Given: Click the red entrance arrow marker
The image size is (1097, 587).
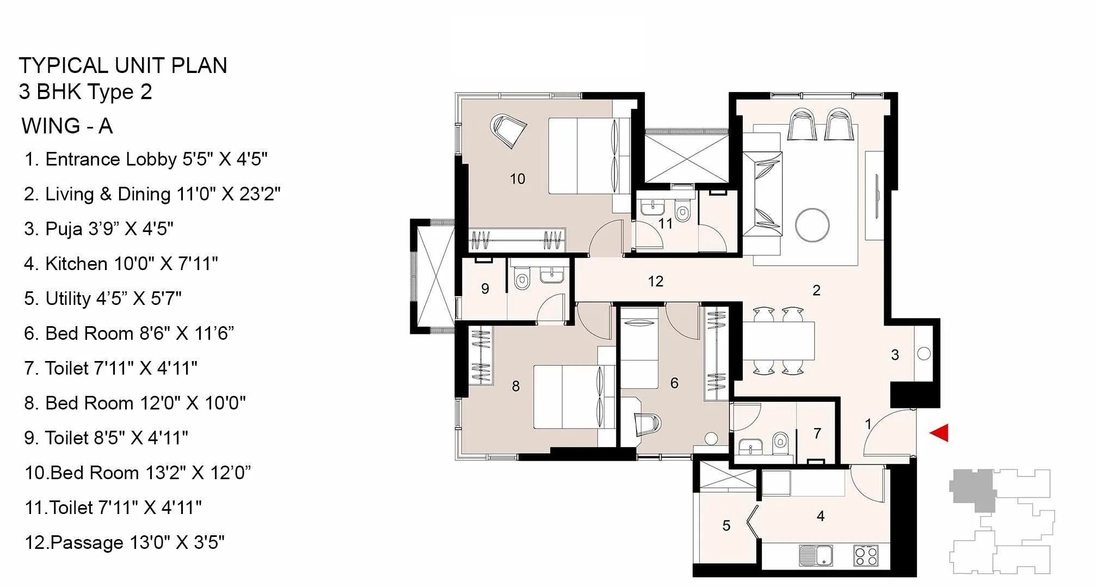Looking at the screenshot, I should pyautogui.click(x=940, y=433).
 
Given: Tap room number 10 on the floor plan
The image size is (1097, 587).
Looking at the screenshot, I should pyautogui.click(x=517, y=179).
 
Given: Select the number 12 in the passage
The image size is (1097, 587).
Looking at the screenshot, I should pyautogui.click(x=656, y=282).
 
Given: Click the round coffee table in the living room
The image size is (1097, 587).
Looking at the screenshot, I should pyautogui.click(x=812, y=225).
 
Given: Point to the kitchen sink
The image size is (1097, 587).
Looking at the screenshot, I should pyautogui.click(x=816, y=555).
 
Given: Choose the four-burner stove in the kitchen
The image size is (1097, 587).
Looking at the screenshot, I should pyautogui.click(x=866, y=555).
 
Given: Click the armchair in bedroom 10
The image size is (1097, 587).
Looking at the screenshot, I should pyautogui.click(x=508, y=131).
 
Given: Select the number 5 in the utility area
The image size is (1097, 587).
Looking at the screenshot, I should pyautogui.click(x=726, y=525).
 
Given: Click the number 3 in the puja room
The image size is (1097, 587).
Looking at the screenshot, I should pyautogui.click(x=895, y=355).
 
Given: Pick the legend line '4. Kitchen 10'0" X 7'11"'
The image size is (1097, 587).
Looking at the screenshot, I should pyautogui.click(x=121, y=264).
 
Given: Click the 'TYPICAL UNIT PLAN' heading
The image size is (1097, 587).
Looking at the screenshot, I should pyautogui.click(x=123, y=65).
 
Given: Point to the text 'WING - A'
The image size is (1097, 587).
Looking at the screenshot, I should pyautogui.click(x=67, y=126).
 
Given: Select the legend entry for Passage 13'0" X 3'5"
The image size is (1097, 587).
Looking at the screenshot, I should pyautogui.click(x=125, y=542).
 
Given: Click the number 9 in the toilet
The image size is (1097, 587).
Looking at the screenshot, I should pyautogui.click(x=485, y=289).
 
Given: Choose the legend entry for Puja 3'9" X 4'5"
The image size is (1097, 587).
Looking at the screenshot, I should pyautogui.click(x=98, y=229).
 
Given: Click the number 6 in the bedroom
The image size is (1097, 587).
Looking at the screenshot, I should pyautogui.click(x=674, y=383).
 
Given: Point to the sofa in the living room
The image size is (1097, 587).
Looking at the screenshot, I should pyautogui.click(x=762, y=194).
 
